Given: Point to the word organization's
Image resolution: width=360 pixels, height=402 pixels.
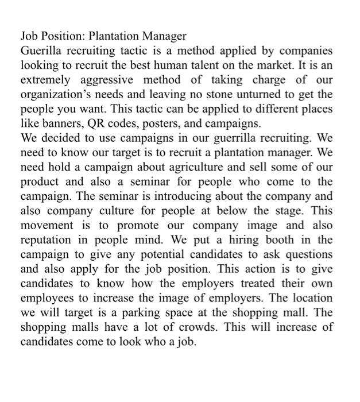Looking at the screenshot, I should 55,94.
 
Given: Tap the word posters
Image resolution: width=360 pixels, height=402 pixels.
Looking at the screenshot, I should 158,123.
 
